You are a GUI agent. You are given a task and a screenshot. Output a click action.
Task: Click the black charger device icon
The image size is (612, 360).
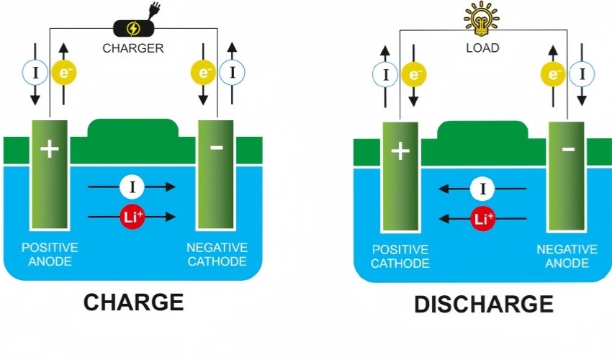133,29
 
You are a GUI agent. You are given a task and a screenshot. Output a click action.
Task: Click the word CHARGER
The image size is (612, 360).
133,49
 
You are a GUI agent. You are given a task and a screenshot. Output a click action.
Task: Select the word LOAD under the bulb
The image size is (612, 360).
482,49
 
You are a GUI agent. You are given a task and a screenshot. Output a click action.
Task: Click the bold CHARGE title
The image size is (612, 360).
133,302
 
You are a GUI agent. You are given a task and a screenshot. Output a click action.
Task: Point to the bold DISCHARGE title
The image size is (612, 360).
484,304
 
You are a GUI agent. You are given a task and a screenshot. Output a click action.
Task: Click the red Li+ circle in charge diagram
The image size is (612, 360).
132,217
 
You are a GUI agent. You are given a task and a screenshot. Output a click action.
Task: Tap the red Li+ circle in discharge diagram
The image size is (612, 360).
482,218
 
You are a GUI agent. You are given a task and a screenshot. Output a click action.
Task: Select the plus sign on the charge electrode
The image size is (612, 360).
49,149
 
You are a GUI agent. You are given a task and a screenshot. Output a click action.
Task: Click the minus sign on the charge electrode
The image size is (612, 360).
217,148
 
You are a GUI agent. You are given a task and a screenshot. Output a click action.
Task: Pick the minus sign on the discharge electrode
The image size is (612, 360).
567,150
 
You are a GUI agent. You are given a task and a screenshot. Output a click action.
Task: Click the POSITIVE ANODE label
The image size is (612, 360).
50,254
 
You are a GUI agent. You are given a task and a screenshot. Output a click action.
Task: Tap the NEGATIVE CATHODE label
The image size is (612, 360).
217,254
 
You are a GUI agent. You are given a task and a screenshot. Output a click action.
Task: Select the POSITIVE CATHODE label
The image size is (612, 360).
400,256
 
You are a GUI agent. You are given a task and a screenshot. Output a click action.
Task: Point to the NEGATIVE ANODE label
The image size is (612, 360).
567,256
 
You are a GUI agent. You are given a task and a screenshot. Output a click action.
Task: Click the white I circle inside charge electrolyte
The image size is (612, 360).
132,187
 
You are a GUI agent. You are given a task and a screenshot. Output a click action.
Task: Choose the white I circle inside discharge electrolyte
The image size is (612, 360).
482,189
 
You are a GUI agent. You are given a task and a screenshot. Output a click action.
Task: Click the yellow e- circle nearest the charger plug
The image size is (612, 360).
202,72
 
